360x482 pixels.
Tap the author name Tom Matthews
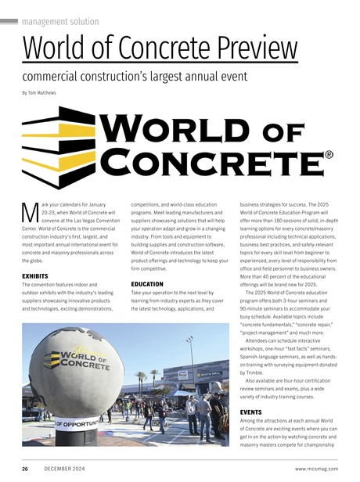click(43, 93)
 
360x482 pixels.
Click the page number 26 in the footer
click(25, 468)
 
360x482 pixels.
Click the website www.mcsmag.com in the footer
click(316, 468)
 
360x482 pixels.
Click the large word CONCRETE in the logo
click(211, 161)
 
